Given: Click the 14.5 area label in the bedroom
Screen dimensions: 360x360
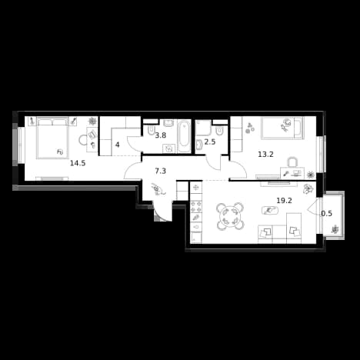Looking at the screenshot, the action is (78, 163).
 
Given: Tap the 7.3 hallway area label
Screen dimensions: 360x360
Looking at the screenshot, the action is (161, 171).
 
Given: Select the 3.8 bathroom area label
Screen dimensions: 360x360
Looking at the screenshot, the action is (161, 135).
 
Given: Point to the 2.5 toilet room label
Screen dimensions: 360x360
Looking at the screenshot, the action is (210, 142).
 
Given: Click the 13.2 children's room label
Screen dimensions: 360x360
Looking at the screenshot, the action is (266, 155).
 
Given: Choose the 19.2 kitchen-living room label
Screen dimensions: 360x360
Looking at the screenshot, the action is (284, 201).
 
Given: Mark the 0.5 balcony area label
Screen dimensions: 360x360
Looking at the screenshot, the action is (327, 213).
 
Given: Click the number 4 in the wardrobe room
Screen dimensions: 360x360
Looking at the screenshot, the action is (118, 145).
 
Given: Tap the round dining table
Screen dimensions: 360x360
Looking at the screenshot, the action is (230, 216).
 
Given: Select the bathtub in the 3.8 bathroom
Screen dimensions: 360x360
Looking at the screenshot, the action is (184, 137).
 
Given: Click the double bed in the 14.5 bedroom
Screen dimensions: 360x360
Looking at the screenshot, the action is (52, 138).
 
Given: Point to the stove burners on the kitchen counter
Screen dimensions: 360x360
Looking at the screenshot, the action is (196, 207).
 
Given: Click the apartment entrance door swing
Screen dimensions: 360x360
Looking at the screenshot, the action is (163, 212).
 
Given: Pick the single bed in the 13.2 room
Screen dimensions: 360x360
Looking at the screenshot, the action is (282, 128).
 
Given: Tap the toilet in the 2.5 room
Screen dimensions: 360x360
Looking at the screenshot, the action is (219, 132).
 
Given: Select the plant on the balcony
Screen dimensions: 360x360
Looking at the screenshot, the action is (335, 229).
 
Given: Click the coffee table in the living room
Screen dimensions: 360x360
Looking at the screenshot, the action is (270, 211).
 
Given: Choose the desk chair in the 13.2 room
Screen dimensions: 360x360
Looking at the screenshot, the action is (292, 162).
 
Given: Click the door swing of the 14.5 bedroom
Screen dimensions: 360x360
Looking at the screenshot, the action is (132, 171).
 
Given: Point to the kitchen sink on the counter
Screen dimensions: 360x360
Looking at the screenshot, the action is (196, 226).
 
